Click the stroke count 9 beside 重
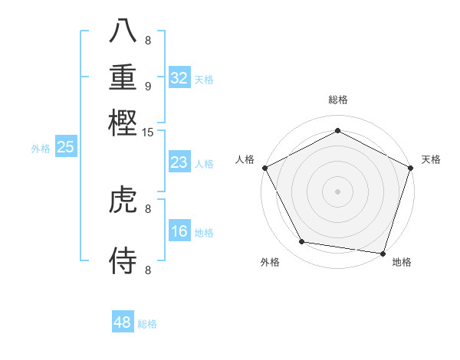point(148,86)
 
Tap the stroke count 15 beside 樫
point(148,133)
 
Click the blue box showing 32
point(179,78)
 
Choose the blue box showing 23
point(179,162)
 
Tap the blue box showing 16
point(179,231)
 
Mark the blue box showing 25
point(66,148)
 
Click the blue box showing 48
point(123,322)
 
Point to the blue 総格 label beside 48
point(147,324)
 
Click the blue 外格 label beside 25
point(40,149)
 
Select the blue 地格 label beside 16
point(204,233)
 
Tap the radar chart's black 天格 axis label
point(431,159)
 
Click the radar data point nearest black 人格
point(264,167)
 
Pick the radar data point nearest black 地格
point(383,253)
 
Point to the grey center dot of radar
point(337,191)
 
